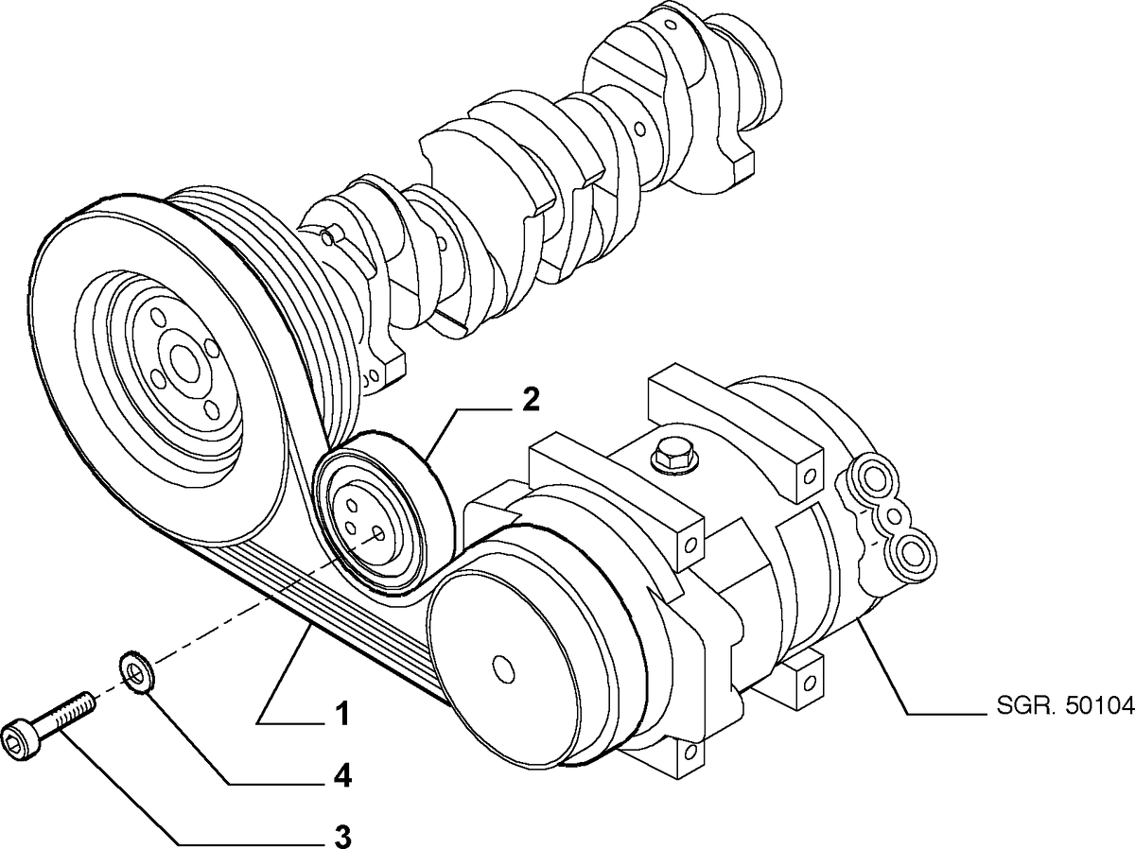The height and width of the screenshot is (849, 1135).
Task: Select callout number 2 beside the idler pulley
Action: [530, 399]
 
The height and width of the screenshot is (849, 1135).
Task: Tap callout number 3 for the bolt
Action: [342, 836]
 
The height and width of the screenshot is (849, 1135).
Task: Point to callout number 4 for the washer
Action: [342, 776]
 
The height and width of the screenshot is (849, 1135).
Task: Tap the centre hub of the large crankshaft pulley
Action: [180, 360]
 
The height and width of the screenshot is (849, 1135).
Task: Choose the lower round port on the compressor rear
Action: [914, 549]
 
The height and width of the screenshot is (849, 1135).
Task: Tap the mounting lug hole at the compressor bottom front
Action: [692, 754]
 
